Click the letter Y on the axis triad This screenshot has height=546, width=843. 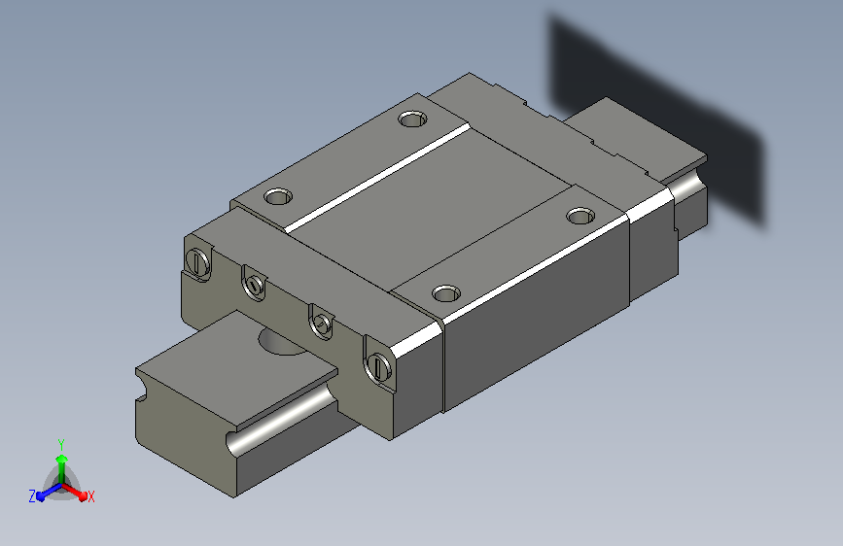click(x=61, y=445)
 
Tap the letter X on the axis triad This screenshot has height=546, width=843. click(x=90, y=496)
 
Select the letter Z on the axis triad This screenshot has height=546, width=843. click(x=32, y=496)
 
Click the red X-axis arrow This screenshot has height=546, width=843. click(x=74, y=492)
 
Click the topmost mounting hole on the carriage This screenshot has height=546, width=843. click(x=412, y=119)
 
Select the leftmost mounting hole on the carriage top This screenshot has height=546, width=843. click(x=278, y=196)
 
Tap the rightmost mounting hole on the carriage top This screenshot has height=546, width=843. click(x=580, y=216)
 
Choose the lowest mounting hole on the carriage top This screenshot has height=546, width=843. click(x=446, y=293)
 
